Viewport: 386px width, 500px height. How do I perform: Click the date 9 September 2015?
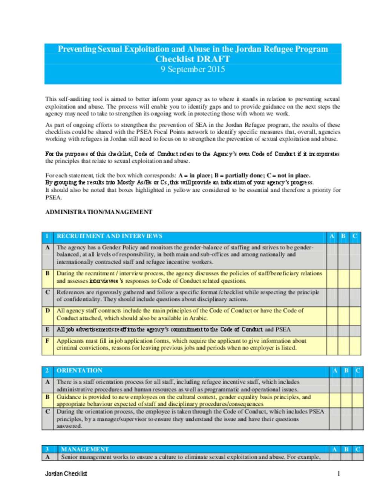(193, 69)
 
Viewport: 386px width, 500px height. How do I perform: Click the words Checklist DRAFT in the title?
(193, 59)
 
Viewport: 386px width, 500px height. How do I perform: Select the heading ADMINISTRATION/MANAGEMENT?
(99, 212)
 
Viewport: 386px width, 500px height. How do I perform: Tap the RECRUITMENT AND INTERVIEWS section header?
(109, 236)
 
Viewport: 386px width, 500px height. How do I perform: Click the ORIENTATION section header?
(79, 370)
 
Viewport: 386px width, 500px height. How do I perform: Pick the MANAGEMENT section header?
(85, 449)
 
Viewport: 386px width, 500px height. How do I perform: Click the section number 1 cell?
(47, 236)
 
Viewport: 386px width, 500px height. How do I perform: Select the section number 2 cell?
(47, 370)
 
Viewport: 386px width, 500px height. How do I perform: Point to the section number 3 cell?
(47, 449)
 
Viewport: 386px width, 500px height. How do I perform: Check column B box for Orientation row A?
(346, 385)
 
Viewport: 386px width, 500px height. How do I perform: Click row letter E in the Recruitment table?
(47, 329)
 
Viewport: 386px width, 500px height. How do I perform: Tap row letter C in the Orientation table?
(47, 411)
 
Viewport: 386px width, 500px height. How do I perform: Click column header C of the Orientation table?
(358, 370)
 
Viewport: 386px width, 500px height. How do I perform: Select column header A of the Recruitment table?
(332, 236)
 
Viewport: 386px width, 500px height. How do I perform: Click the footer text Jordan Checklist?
(66, 474)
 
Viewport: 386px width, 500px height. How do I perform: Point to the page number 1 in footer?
(339, 474)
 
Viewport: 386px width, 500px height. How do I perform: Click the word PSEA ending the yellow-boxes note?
(53, 197)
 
